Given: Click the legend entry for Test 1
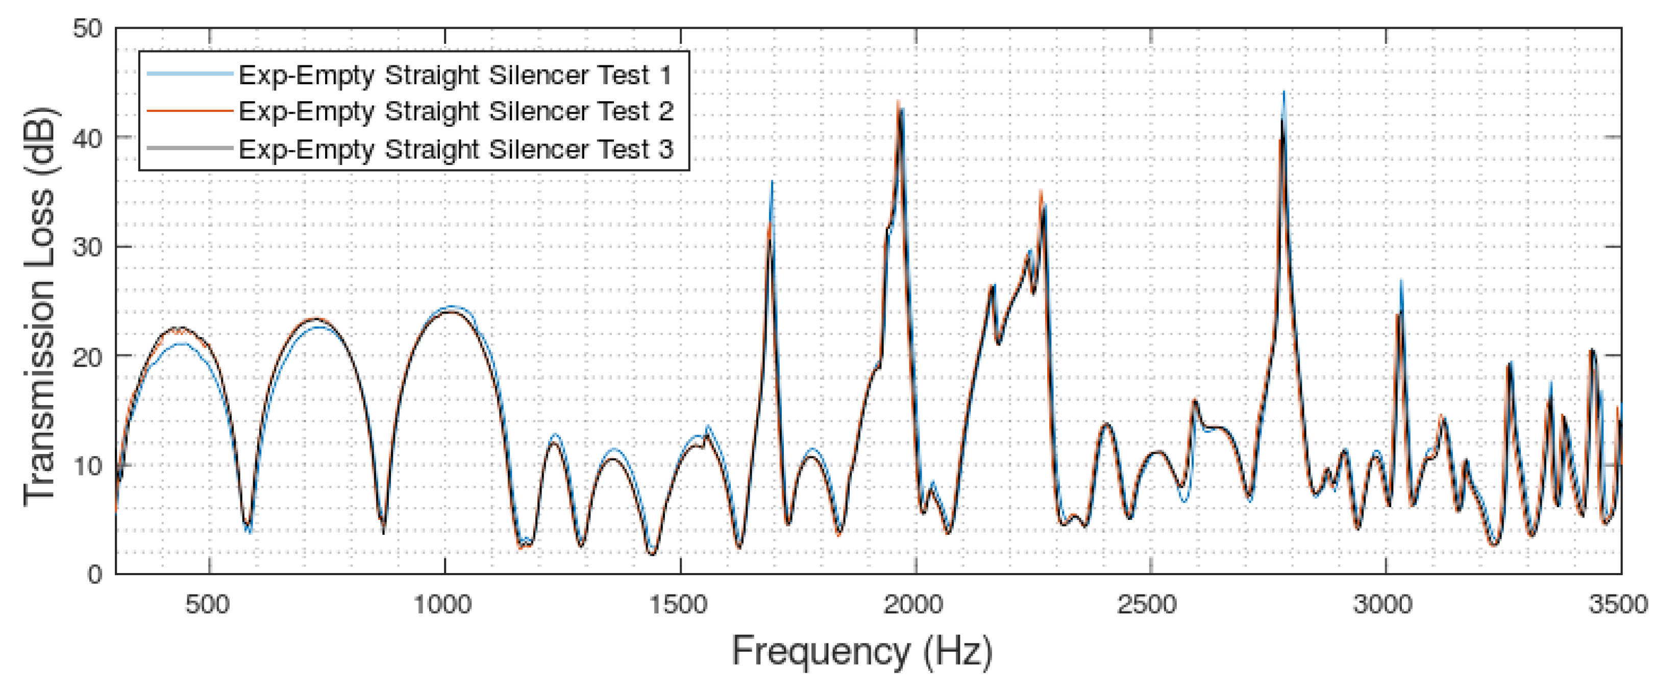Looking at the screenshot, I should click(455, 75).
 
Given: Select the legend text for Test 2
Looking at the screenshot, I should click(455, 111).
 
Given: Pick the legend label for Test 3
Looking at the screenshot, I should click(455, 149).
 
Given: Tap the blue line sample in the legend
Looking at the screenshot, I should click(189, 74).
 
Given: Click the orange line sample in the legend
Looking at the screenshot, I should click(189, 111).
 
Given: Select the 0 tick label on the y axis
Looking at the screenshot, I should click(94, 574).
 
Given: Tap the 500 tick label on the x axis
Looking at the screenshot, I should click(208, 605).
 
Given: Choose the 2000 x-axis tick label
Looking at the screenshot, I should click(913, 605).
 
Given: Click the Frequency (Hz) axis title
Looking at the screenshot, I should click(861, 651).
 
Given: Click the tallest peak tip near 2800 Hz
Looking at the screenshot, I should click(1283, 93).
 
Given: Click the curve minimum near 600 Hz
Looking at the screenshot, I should click(249, 530).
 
